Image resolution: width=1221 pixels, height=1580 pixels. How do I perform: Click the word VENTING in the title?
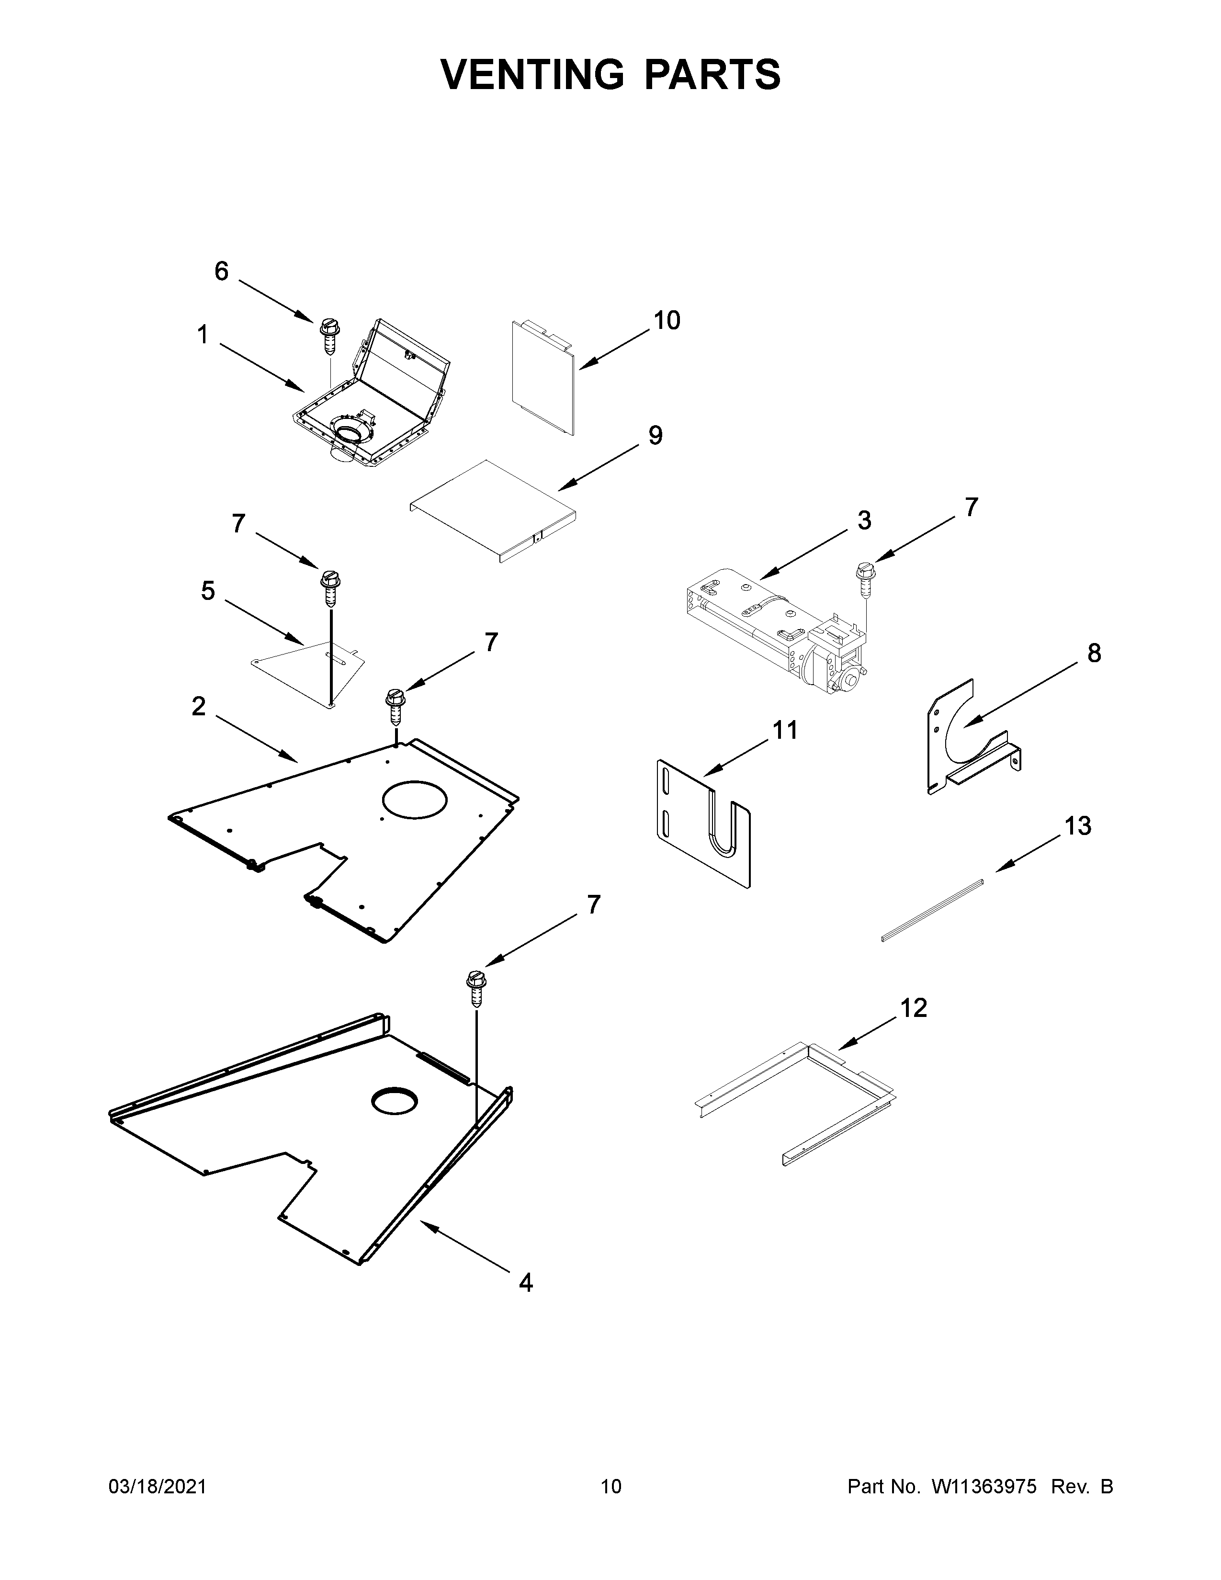pos(531,75)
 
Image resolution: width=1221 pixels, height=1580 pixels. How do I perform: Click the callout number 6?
pos(221,271)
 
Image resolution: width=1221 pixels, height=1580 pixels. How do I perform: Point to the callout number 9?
pos(655,436)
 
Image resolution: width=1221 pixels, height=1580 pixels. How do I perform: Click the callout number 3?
pos(864,520)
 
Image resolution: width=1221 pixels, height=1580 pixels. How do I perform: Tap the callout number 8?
pos(1094,653)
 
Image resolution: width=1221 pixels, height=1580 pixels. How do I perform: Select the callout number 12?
pos(914,1008)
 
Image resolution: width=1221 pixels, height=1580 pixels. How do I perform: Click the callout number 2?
pos(198,707)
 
